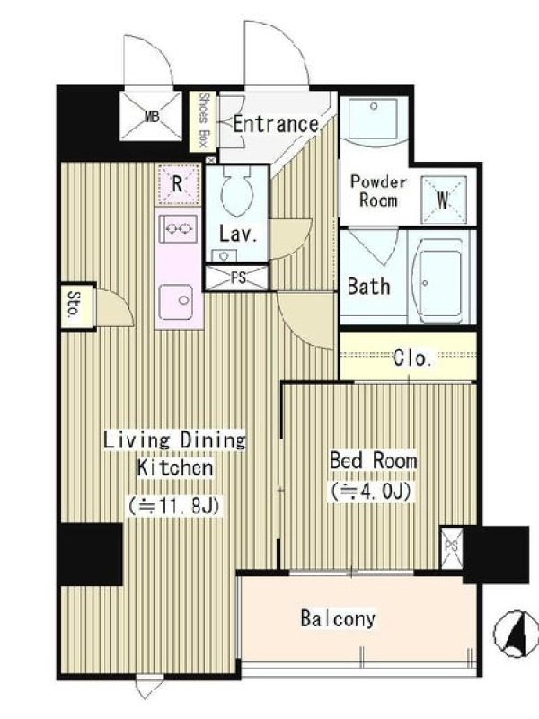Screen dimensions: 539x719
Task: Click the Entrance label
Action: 276,124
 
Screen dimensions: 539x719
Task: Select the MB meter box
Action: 151,117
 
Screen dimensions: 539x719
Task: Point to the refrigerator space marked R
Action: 178,185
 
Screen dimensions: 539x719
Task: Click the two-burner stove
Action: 178,228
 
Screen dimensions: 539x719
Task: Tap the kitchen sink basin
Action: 176,302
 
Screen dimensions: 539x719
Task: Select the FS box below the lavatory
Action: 236,277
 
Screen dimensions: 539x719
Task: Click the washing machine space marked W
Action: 443,200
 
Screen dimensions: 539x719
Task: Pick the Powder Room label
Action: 378,191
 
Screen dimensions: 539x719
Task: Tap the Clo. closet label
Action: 412,358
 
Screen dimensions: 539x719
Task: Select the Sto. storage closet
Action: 76,306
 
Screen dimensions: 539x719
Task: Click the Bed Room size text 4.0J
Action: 373,491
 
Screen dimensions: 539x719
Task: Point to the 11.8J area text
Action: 175,506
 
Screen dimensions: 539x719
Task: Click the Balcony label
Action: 338,618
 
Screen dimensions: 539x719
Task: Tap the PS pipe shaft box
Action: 452,547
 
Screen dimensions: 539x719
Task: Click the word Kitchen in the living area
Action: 175,467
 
